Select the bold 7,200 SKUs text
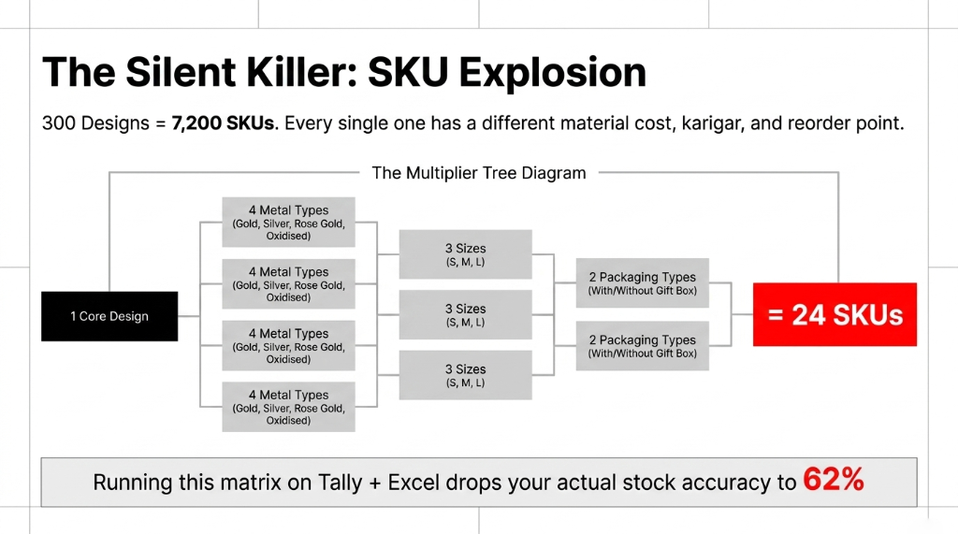tap(223, 123)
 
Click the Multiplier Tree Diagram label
tap(478, 173)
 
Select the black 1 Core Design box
tap(109, 316)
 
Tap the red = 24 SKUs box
tap(835, 315)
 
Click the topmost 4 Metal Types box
tap(288, 222)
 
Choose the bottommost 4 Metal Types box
tap(288, 407)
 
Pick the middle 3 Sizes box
tap(465, 314)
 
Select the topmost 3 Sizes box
tap(465, 254)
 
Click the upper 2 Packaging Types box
tap(642, 283)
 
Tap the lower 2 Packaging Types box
tap(642, 346)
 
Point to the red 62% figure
tap(833, 482)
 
